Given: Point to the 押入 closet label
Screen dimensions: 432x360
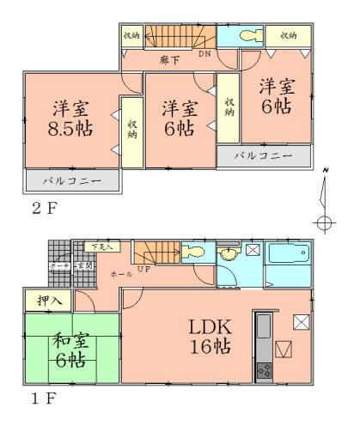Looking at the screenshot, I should click(x=48, y=301).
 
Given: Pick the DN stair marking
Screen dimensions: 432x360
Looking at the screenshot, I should click(x=204, y=53).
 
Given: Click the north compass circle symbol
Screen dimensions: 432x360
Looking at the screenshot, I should click(x=324, y=223).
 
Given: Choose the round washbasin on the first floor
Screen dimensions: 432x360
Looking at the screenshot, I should click(x=228, y=254).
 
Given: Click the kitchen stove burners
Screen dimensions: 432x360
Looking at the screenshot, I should click(x=262, y=372).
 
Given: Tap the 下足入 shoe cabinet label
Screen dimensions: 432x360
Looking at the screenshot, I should click(x=101, y=247).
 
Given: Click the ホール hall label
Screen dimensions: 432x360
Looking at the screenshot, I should click(x=122, y=273).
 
